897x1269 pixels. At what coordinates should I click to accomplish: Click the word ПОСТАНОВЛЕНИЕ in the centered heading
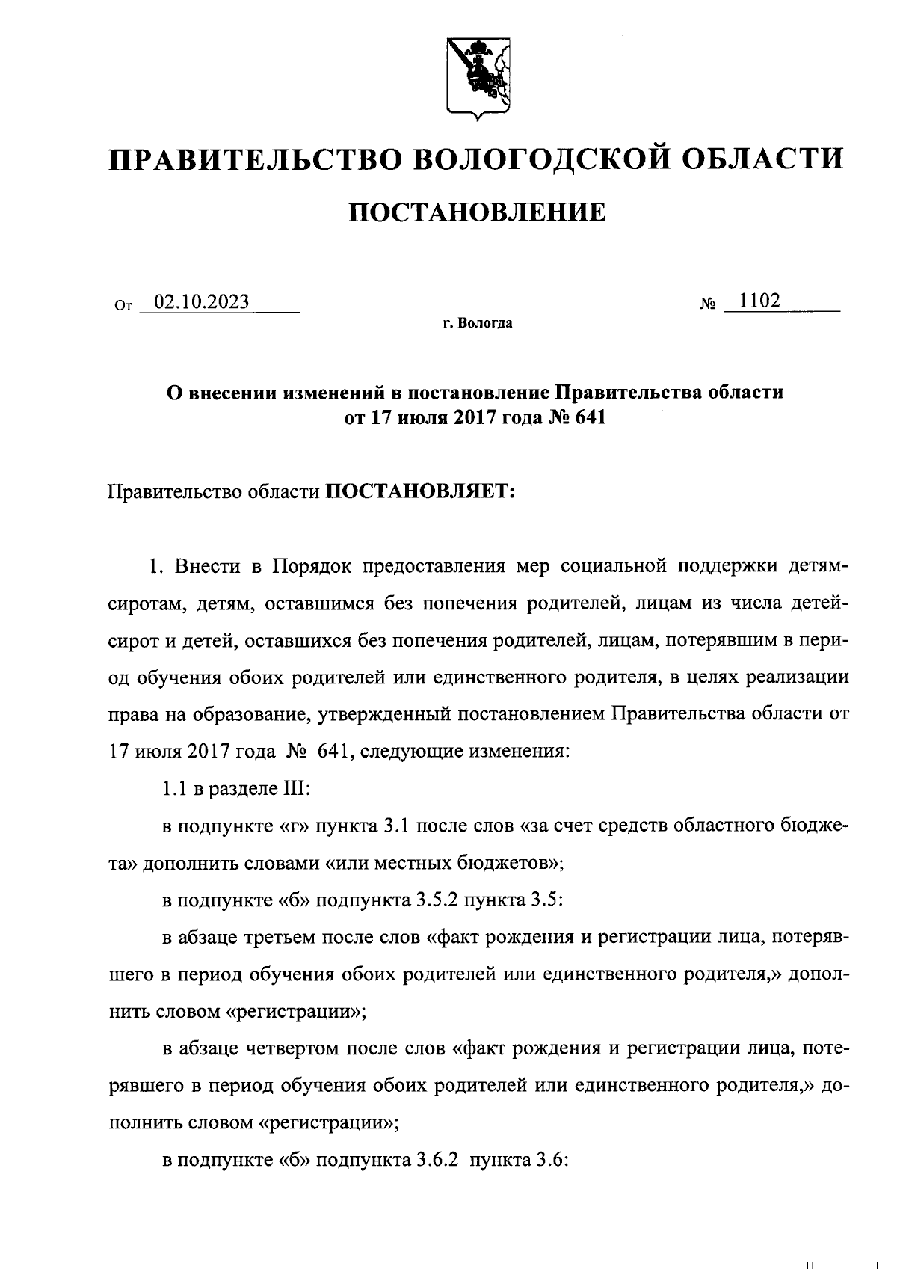478,212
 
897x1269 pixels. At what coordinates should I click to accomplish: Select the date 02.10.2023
200,301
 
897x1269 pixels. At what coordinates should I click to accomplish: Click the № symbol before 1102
709,304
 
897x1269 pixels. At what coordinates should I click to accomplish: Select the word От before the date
124,305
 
